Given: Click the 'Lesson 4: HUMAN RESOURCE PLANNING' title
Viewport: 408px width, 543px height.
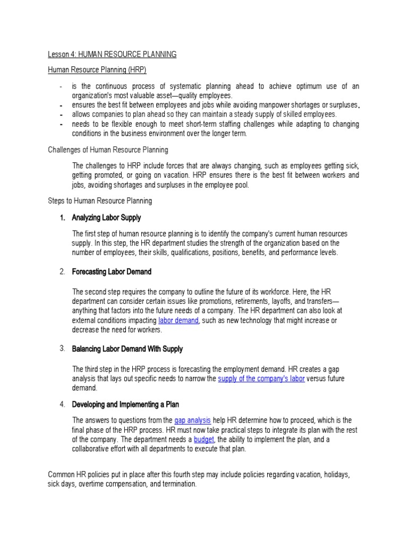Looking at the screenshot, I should pos(113,54).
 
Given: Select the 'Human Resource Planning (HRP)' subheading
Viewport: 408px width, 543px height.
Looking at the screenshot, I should pos(97,69).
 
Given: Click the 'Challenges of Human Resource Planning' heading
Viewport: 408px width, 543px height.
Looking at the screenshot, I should pos(108,150).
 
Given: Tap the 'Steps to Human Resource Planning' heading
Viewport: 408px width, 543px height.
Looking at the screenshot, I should pos(100,201).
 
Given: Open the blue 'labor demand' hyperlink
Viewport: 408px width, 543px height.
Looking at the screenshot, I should pos(178,321).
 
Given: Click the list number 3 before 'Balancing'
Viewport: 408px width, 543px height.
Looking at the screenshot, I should pos(62,348).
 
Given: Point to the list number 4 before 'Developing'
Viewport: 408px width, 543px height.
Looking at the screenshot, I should pos(62,405).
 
